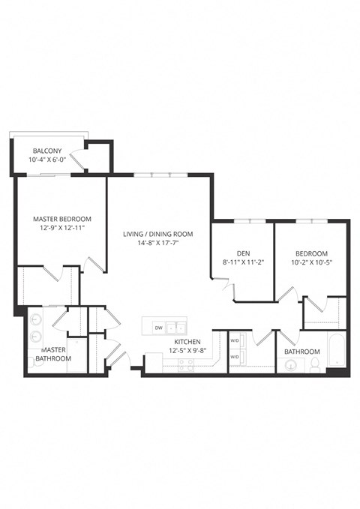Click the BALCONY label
click(46, 151)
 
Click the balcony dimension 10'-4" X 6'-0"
click(46, 160)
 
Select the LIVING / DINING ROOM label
click(158, 234)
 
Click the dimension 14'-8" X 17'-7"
click(158, 244)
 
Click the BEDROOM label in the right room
click(311, 253)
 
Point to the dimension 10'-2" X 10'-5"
click(311, 263)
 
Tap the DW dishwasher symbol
click(158, 328)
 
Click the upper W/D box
click(234, 340)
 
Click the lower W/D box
click(234, 358)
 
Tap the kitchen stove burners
click(184, 366)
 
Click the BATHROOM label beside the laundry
click(301, 352)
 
